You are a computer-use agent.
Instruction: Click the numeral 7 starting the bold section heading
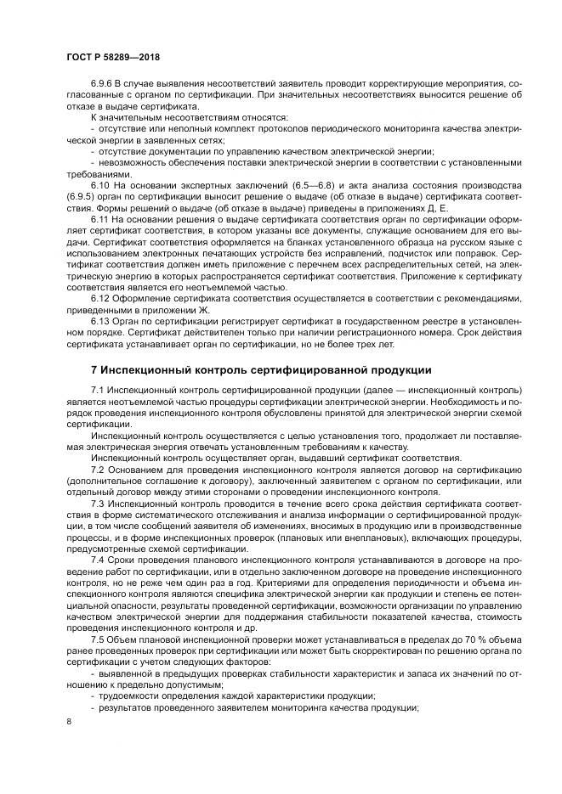(x=94, y=371)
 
